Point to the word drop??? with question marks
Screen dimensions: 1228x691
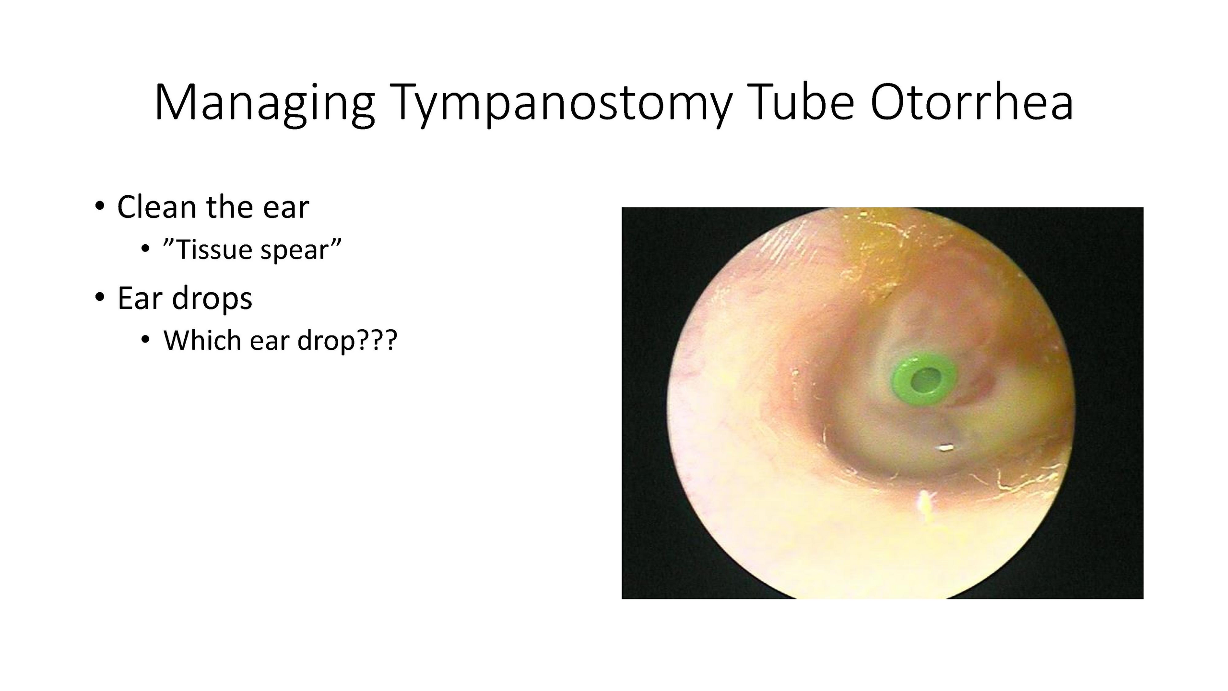[348, 340]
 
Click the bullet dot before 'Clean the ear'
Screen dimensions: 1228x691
[99, 207]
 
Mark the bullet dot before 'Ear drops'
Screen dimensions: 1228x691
[99, 298]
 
